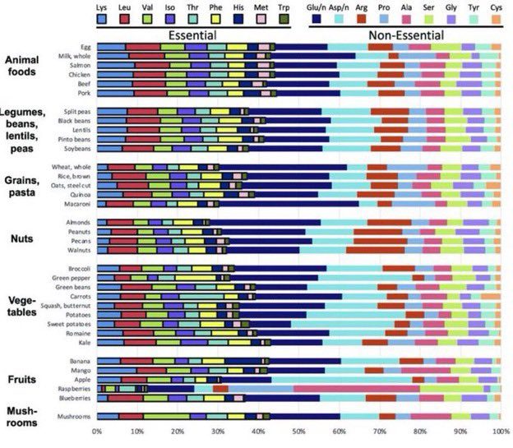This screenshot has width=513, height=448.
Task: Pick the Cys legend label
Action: pyautogui.click(x=497, y=7)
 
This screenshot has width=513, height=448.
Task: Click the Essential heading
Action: pyautogui.click(x=192, y=36)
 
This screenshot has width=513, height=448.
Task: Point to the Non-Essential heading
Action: pyautogui.click(x=405, y=36)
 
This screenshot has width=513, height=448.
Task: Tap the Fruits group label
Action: pyautogui.click(x=22, y=380)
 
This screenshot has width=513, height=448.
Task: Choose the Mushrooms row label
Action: pyautogui.click(x=73, y=417)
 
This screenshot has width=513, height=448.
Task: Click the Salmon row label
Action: pyautogui.click(x=79, y=65)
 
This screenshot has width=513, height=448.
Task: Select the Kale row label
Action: pyautogui.click(x=83, y=342)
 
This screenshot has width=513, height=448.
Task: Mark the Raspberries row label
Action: pyautogui.click(x=72, y=388)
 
